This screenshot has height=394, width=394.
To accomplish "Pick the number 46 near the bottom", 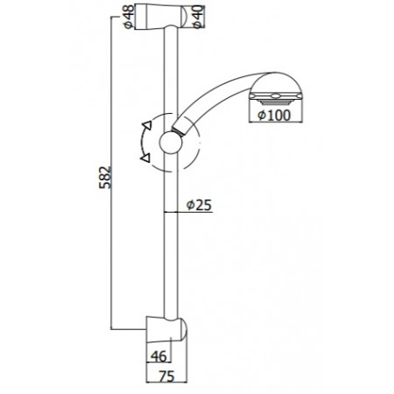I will [158, 356].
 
